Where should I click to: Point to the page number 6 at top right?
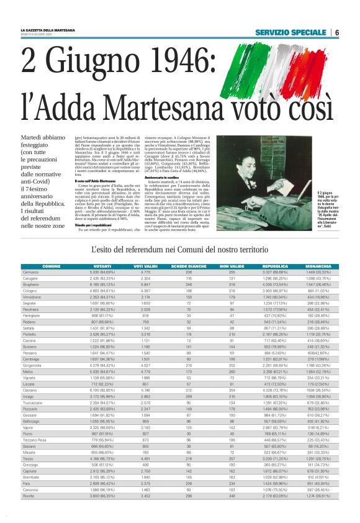click(x=336, y=32)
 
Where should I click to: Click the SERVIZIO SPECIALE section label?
click(x=290, y=32)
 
